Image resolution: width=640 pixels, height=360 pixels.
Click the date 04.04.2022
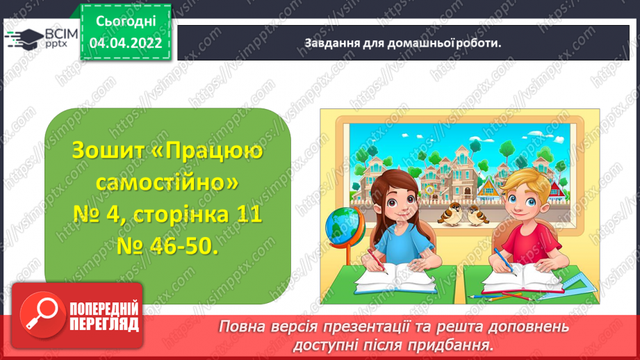coord(126,43)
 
